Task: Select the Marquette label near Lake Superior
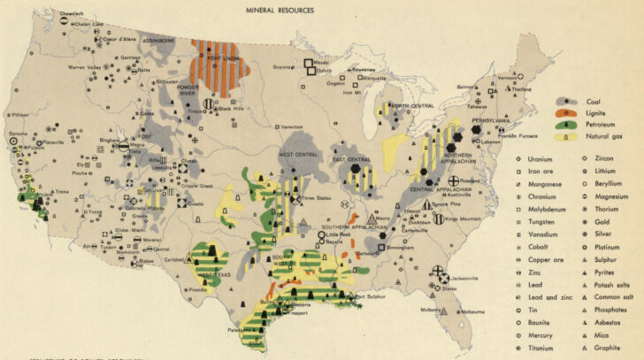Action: point(376,78)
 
